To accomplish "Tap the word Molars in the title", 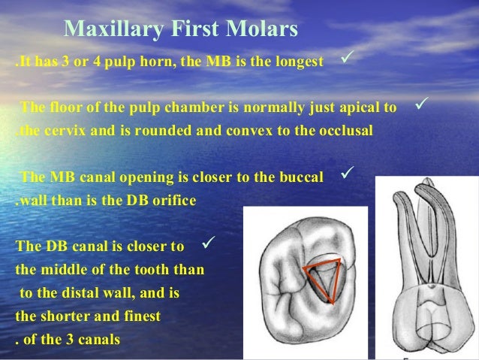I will coord(266,29).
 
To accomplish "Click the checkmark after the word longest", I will coord(348,58).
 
